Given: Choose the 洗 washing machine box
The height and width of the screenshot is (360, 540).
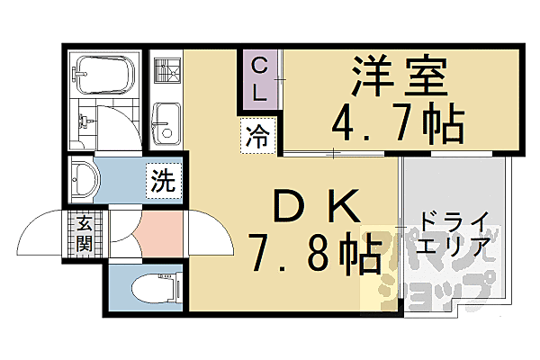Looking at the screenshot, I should (163, 180).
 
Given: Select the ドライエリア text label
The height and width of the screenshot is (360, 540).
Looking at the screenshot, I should (455, 233).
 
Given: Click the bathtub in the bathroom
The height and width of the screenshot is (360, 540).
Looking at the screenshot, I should (102, 74).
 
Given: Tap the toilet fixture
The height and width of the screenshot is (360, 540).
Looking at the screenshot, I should (153, 288).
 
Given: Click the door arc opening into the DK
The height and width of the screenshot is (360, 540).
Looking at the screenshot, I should (205, 236).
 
